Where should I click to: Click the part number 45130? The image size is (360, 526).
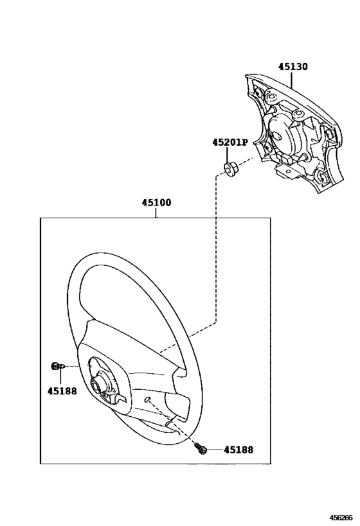click(x=292, y=66)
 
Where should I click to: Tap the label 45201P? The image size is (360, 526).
click(x=230, y=143)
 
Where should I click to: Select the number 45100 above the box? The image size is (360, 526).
click(x=156, y=202)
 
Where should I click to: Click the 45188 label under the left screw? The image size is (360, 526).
click(x=62, y=391)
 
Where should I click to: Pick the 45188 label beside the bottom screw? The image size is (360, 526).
click(x=239, y=450)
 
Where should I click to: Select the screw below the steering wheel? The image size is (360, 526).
click(x=201, y=448)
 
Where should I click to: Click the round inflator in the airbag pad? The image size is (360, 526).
click(x=283, y=134)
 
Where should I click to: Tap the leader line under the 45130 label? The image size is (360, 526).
click(x=291, y=80)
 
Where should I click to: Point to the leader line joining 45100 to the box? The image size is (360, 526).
click(x=156, y=213)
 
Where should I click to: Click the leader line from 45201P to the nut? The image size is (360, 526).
click(x=228, y=155)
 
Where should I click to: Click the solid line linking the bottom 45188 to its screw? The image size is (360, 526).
click(x=215, y=450)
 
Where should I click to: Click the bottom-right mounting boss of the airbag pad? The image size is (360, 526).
click(x=321, y=177)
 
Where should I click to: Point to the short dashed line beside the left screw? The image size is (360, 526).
click(x=71, y=366)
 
